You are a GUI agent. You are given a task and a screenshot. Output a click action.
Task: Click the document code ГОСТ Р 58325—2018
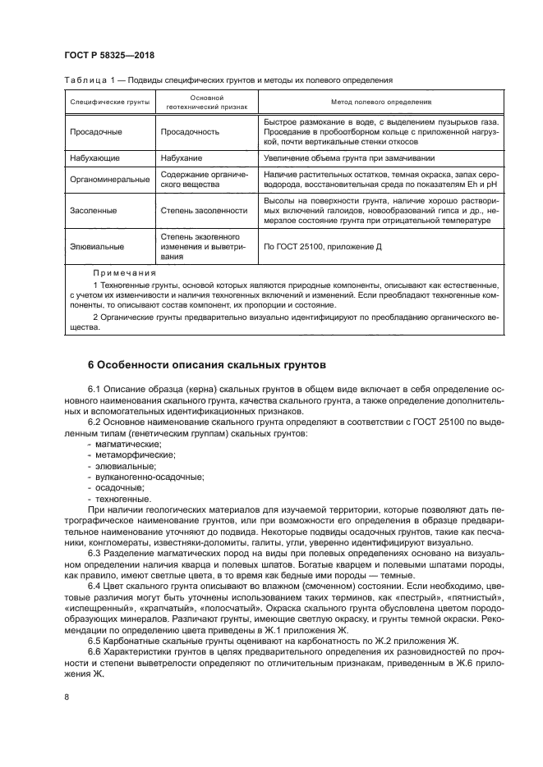coord(109,56)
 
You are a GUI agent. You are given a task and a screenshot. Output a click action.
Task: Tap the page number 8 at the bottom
coord(67,697)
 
